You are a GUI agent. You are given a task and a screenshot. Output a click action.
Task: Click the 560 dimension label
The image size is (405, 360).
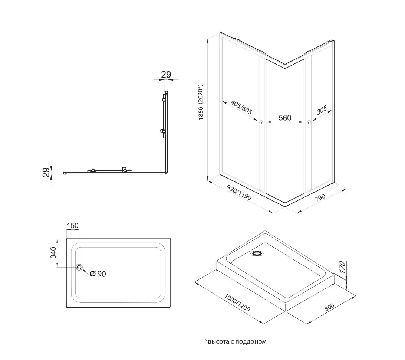[x=285, y=118]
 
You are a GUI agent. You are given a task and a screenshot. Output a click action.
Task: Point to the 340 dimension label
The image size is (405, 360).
[x=53, y=252]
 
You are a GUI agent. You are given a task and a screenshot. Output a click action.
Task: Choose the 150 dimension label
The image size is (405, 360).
[x=73, y=225]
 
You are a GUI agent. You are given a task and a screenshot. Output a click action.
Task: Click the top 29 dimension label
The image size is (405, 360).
[x=166, y=74]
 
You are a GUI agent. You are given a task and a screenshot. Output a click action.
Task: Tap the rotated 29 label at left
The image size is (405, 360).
[x=46, y=172]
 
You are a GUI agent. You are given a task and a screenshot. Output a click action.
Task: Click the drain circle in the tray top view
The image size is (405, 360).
[x=79, y=267]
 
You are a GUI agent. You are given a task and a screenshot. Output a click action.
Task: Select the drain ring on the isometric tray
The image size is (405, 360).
[x=256, y=254]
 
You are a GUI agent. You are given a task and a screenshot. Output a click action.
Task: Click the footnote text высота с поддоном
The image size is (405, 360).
[x=236, y=341]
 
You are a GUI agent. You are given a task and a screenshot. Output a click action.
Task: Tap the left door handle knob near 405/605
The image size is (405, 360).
[x=261, y=122]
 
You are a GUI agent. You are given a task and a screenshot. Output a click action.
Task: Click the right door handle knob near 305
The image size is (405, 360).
[x=309, y=122]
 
